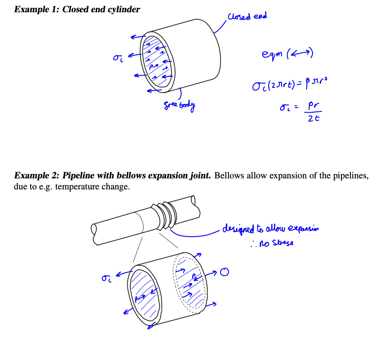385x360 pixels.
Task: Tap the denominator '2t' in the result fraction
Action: pyautogui.click(x=313, y=119)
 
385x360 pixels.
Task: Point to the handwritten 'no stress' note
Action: pyautogui.click(x=276, y=244)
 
